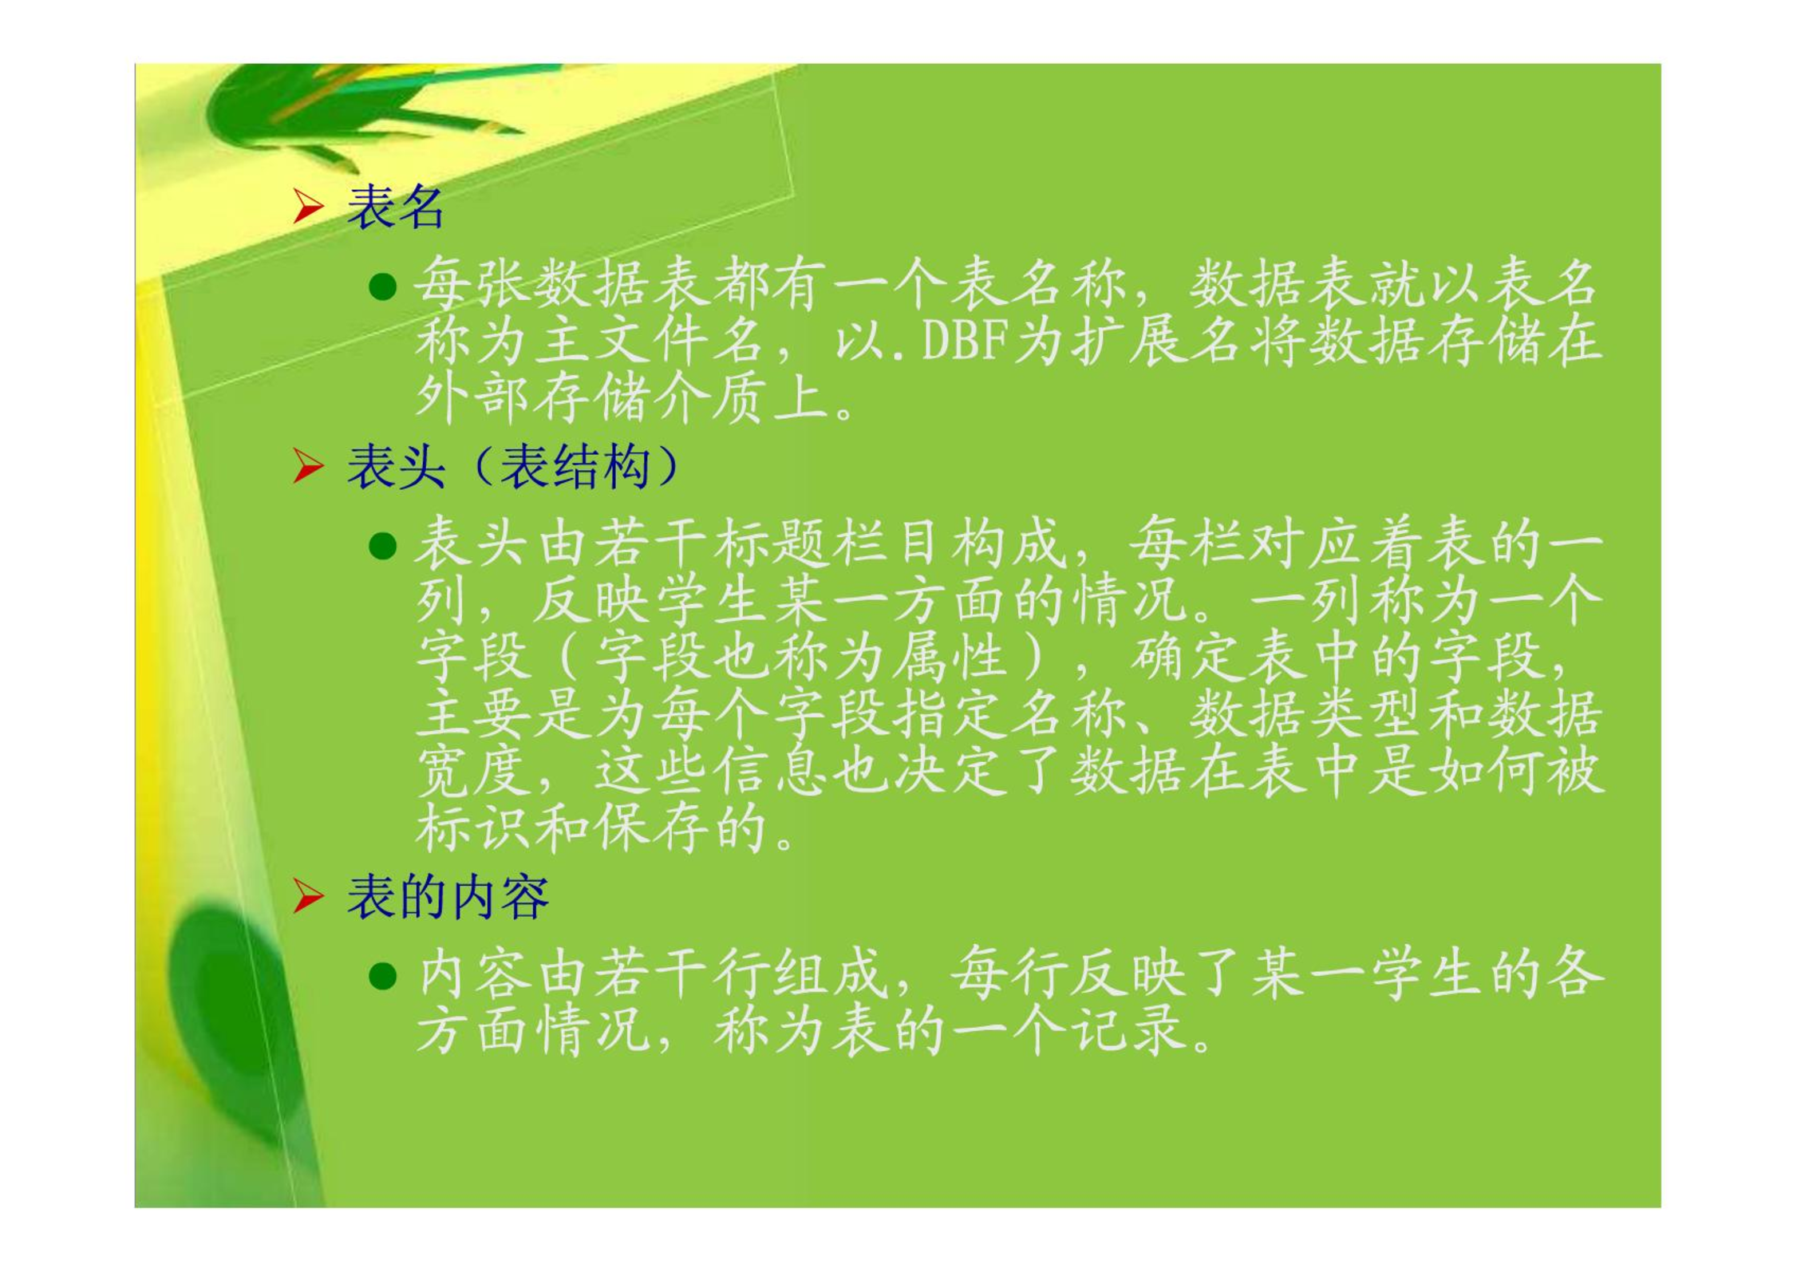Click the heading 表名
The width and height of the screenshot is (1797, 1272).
[395, 207]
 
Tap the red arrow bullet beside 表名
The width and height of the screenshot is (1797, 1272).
[308, 207]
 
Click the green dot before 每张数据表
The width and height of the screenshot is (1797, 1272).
[383, 286]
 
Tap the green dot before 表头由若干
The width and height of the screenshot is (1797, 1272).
[383, 547]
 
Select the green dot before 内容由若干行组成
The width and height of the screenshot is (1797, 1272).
[383, 976]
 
